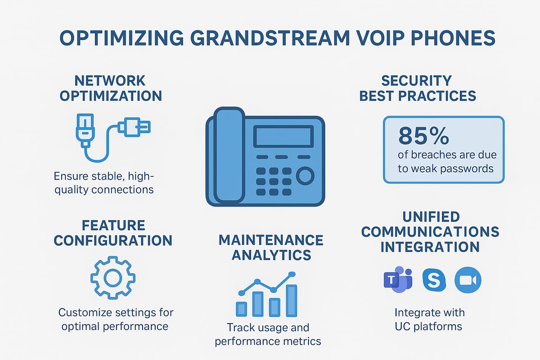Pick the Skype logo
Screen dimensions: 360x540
pyautogui.click(x=434, y=279)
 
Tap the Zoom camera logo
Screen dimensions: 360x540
pyautogui.click(x=468, y=279)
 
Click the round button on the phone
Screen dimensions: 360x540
pyautogui.click(x=305, y=176)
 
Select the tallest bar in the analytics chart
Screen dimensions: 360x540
pyautogui.click(x=292, y=300)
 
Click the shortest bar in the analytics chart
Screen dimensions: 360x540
pyautogui.click(x=242, y=308)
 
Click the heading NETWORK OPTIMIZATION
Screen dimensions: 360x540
pyautogui.click(x=110, y=88)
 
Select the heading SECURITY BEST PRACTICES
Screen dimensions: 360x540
pyautogui.click(x=417, y=88)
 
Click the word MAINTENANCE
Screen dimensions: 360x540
pyautogui.click(x=271, y=240)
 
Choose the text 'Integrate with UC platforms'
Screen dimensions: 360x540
pyautogui.click(x=429, y=319)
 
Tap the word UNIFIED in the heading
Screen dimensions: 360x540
pyautogui.click(x=431, y=216)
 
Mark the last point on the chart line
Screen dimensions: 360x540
pyautogui.click(x=292, y=274)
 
